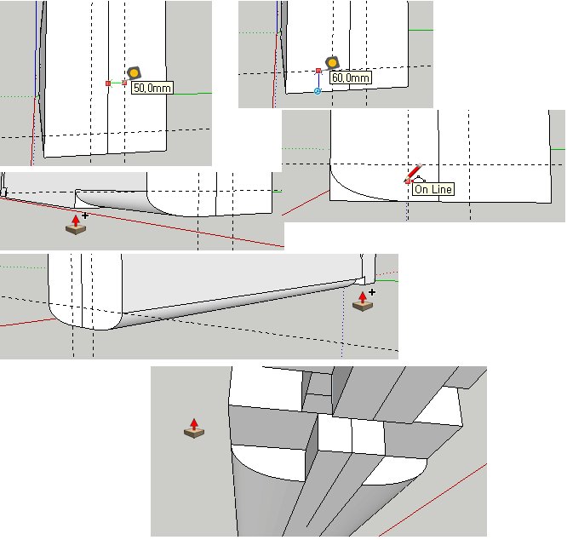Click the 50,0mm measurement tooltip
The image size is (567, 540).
click(x=152, y=88)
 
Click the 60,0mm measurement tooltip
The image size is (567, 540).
click(x=351, y=78)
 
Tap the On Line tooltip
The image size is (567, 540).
click(x=433, y=189)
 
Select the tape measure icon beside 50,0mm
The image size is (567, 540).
click(x=134, y=73)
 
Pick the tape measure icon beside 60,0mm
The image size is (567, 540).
click(x=332, y=63)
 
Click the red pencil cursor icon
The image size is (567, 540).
click(x=413, y=174)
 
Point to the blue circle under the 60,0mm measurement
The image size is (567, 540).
click(x=318, y=91)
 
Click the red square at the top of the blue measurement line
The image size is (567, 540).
click(x=318, y=71)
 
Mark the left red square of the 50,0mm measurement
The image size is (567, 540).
click(x=108, y=83)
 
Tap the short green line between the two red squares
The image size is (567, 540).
click(x=116, y=83)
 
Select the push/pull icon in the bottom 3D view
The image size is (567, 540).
click(x=194, y=428)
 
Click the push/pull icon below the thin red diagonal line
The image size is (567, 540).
click(x=76, y=225)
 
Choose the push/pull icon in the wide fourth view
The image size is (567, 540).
click(x=363, y=302)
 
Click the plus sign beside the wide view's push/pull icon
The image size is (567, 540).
click(x=372, y=292)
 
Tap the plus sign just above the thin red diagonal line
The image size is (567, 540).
click(x=85, y=215)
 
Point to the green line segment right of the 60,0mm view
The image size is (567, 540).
click(x=421, y=30)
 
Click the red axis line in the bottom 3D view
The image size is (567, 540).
click(x=432, y=499)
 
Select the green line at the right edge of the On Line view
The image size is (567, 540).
click(x=558, y=149)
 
